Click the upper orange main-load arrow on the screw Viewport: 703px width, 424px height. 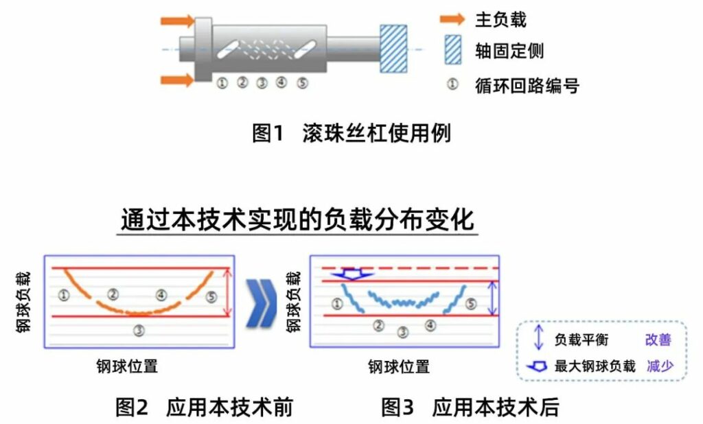(x=177, y=21)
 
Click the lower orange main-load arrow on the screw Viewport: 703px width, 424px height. (x=177, y=80)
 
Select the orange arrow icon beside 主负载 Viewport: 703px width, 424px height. (x=452, y=19)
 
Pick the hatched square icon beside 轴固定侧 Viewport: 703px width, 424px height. (x=452, y=50)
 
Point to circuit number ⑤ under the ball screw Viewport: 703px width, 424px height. (x=303, y=83)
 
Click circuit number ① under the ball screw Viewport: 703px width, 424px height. (x=222, y=83)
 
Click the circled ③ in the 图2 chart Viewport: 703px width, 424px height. (x=139, y=331)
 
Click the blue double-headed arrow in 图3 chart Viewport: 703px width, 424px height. (x=493, y=298)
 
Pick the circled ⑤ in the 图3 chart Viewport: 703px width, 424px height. (x=470, y=303)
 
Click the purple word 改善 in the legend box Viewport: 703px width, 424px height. (x=658, y=340)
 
